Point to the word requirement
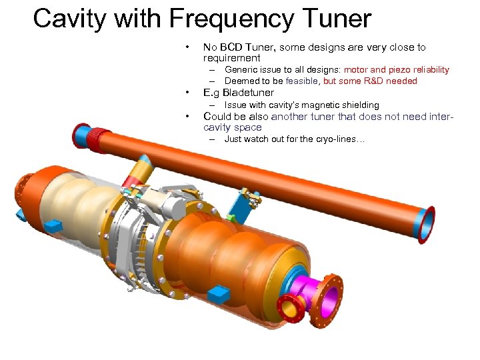(231, 58)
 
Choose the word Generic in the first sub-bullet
(241, 70)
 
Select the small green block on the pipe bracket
(230, 217)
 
